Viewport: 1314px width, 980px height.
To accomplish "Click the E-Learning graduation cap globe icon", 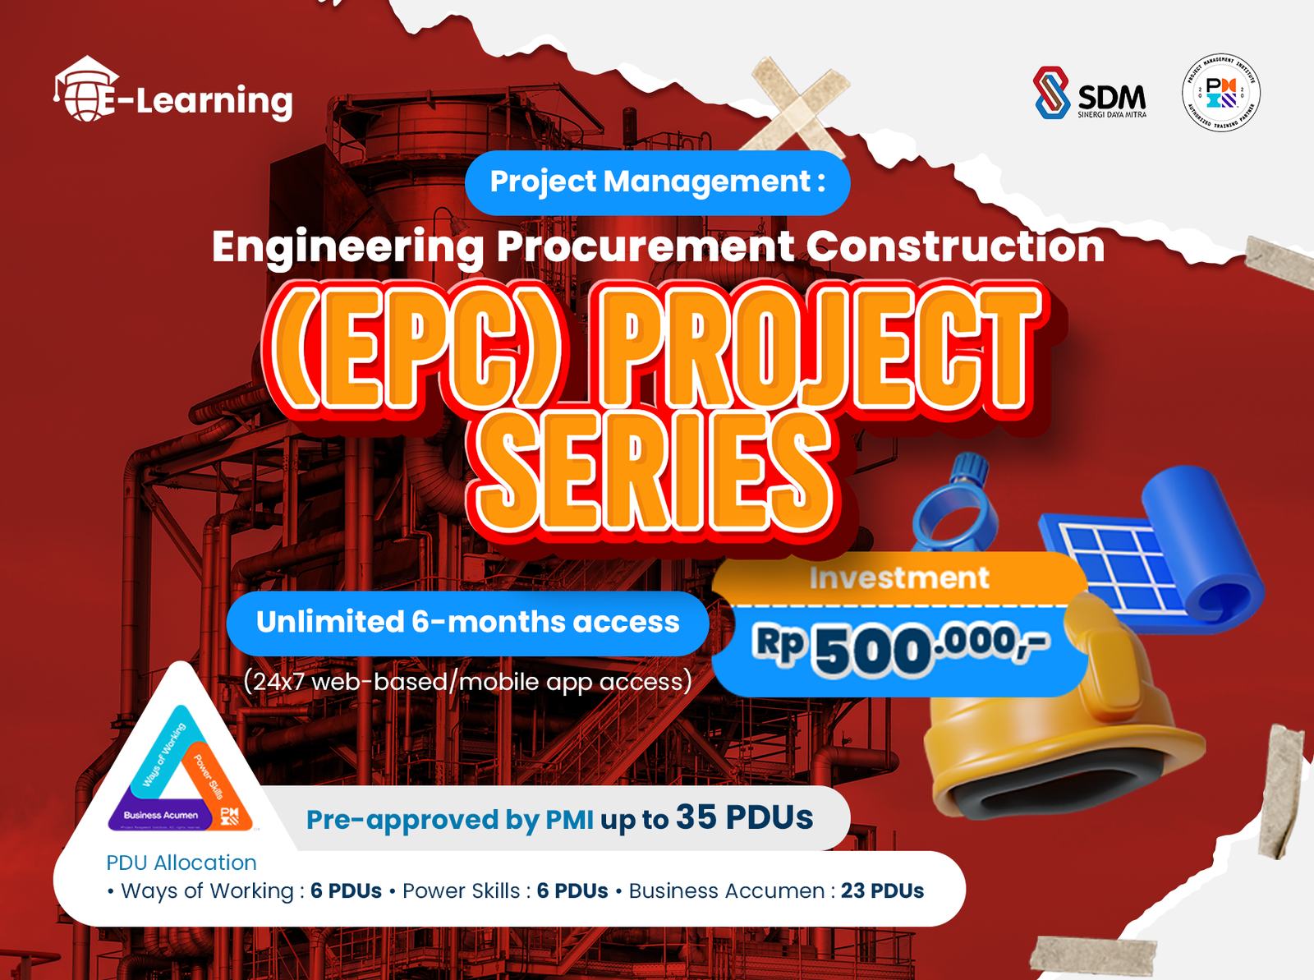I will [87, 90].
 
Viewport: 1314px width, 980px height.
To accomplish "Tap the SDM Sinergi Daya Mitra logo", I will [1089, 93].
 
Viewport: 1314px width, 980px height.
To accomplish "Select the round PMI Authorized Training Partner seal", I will [1220, 93].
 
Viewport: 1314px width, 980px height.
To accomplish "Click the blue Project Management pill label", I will [657, 182].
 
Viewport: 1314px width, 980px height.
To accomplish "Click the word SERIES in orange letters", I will [654, 472].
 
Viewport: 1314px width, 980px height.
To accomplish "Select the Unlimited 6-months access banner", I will [467, 623].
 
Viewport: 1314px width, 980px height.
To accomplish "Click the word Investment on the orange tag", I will [899, 578].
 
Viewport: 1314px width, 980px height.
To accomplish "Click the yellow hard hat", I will [1059, 731].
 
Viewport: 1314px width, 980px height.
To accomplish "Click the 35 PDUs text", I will [744, 817].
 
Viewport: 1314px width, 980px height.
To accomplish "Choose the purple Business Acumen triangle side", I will [161, 815].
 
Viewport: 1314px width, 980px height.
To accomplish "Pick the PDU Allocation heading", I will [181, 863].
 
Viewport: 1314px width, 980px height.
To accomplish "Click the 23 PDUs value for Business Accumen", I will [882, 891].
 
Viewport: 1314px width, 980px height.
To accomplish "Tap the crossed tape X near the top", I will [795, 103].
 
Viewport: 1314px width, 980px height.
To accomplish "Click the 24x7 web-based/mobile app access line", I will [467, 682].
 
